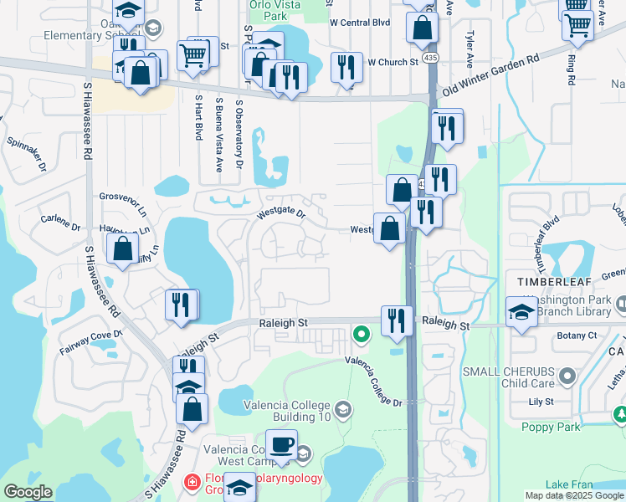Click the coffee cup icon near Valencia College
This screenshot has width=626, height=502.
[x=281, y=443]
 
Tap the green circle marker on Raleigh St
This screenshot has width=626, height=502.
[x=362, y=335]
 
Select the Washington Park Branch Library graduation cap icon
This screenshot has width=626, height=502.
[x=521, y=313]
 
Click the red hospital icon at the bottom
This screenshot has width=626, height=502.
[x=191, y=483]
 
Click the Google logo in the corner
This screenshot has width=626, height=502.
[x=28, y=492]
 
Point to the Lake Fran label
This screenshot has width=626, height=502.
[x=569, y=484]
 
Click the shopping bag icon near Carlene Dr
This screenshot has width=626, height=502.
[x=123, y=248]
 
